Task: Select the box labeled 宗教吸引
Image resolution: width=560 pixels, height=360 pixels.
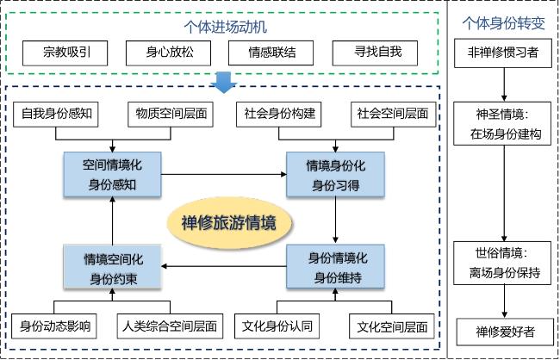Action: point(66,52)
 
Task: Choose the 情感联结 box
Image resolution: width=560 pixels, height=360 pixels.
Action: point(273,52)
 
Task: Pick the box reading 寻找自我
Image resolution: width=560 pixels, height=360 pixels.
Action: point(378,52)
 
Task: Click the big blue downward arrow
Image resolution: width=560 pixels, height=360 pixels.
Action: point(223,81)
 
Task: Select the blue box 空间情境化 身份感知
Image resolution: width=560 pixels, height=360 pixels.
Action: point(113,173)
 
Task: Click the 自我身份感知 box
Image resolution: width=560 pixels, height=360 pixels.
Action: point(59,113)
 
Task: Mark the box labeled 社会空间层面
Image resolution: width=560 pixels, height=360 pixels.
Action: point(390,113)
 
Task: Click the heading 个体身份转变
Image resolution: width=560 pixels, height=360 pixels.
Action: point(503,23)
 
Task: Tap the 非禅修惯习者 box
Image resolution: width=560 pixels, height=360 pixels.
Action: point(503,53)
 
